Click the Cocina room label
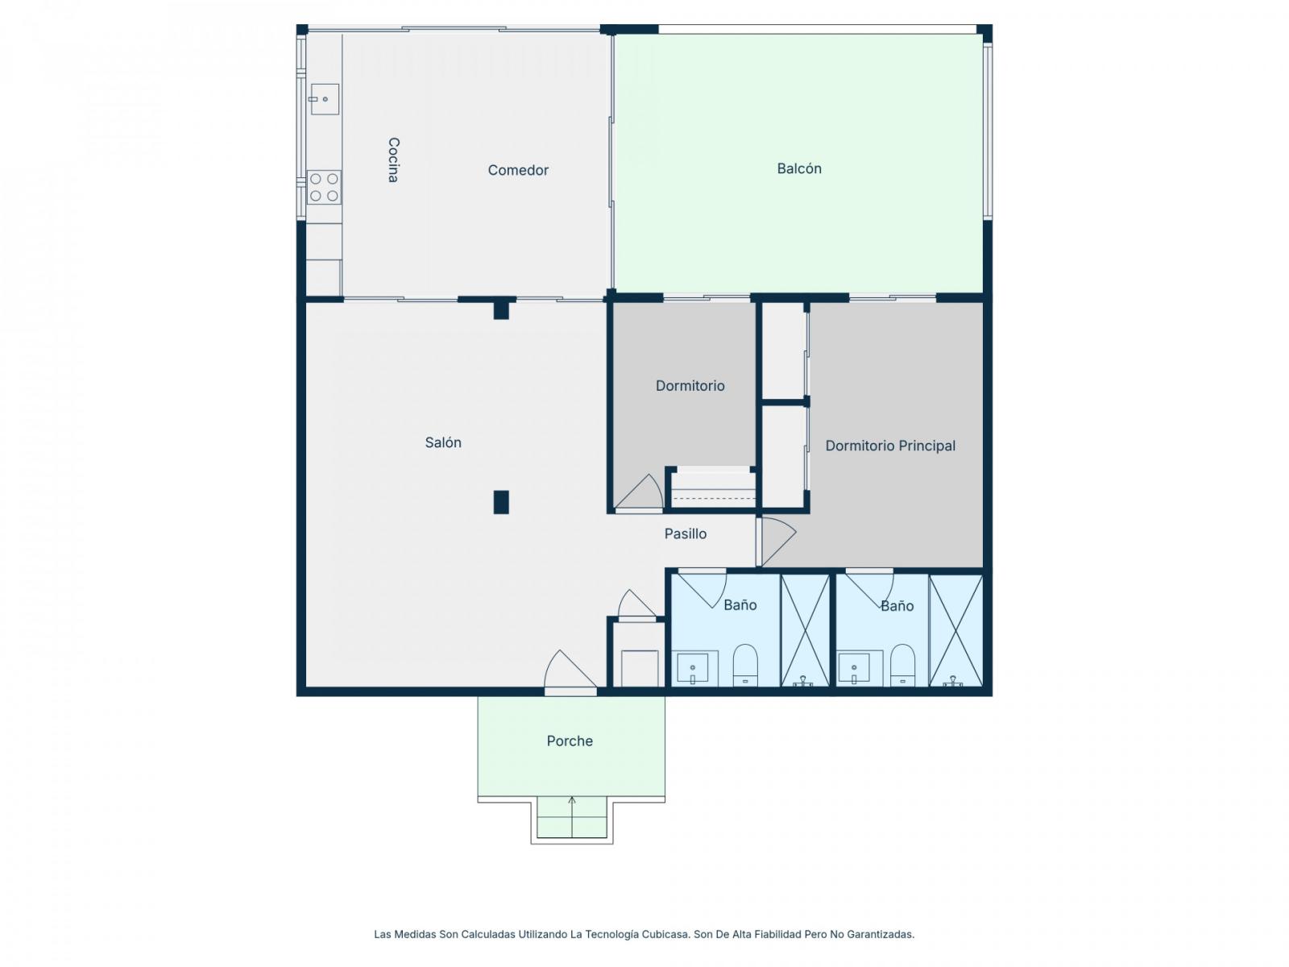click(393, 160)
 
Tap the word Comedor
click(517, 170)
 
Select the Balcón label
click(798, 168)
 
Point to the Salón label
click(443, 442)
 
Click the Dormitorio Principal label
click(889, 446)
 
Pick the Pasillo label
click(685, 533)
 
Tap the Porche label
click(569, 741)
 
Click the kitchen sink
click(324, 99)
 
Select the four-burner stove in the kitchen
click(324, 187)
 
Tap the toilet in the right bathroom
click(902, 665)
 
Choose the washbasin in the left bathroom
click(694, 667)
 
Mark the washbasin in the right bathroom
click(859, 667)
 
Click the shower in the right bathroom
click(955, 630)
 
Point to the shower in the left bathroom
click(805, 630)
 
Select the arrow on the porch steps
click(571, 816)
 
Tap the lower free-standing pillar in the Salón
click(500, 501)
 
